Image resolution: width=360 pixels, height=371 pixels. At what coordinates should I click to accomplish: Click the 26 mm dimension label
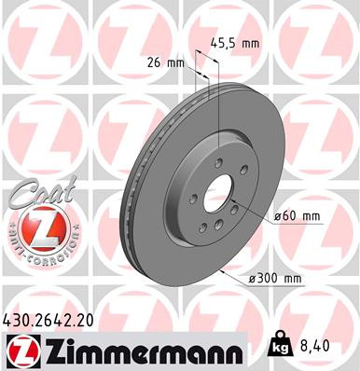(x=169, y=62)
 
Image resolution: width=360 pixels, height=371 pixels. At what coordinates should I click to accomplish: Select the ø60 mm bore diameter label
(x=297, y=216)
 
